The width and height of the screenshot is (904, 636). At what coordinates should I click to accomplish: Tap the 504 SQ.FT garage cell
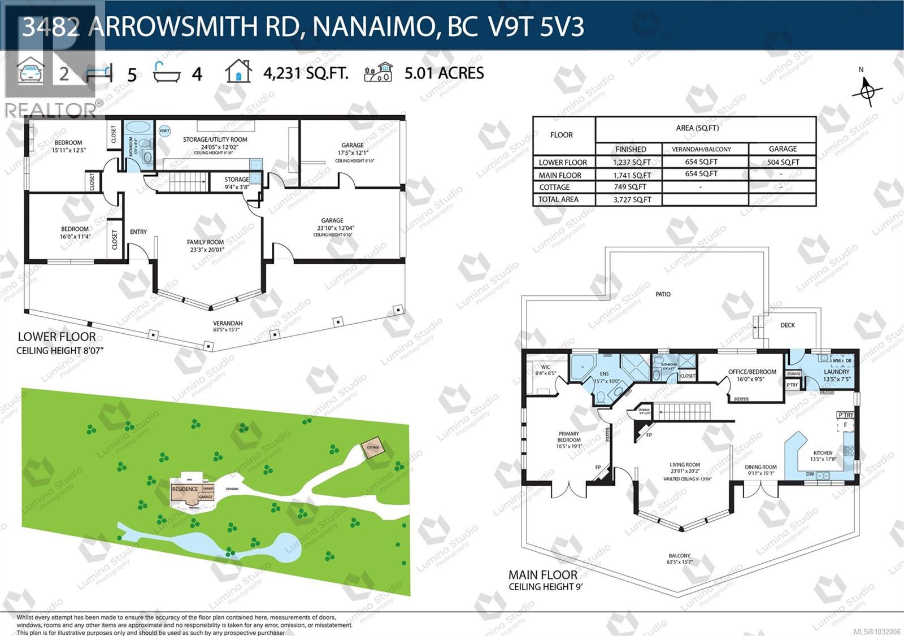point(783,162)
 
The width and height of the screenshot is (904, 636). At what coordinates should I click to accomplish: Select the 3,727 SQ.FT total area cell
point(631,199)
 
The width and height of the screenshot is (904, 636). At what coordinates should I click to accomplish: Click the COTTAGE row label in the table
point(554,187)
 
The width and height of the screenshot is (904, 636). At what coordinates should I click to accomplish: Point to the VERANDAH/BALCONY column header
point(701,149)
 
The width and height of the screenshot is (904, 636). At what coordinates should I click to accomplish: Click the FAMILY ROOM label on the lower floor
point(206,242)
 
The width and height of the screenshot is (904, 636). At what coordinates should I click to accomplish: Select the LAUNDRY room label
point(836,372)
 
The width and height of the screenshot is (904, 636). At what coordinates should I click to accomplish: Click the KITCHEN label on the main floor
point(823,453)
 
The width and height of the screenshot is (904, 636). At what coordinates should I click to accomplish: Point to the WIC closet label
point(545,367)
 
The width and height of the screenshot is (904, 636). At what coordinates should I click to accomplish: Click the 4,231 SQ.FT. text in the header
point(306,73)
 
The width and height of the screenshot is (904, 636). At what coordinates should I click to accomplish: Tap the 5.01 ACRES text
point(444,73)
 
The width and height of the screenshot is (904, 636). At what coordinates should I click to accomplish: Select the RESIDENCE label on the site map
point(185,489)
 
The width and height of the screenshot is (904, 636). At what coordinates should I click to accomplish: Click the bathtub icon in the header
point(167,72)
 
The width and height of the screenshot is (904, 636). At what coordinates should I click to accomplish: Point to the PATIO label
point(663,294)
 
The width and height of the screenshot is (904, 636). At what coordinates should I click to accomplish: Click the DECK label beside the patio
point(787,325)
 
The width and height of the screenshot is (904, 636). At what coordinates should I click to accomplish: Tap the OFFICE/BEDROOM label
point(752,372)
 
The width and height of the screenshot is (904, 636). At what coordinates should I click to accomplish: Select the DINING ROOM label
point(760,467)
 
